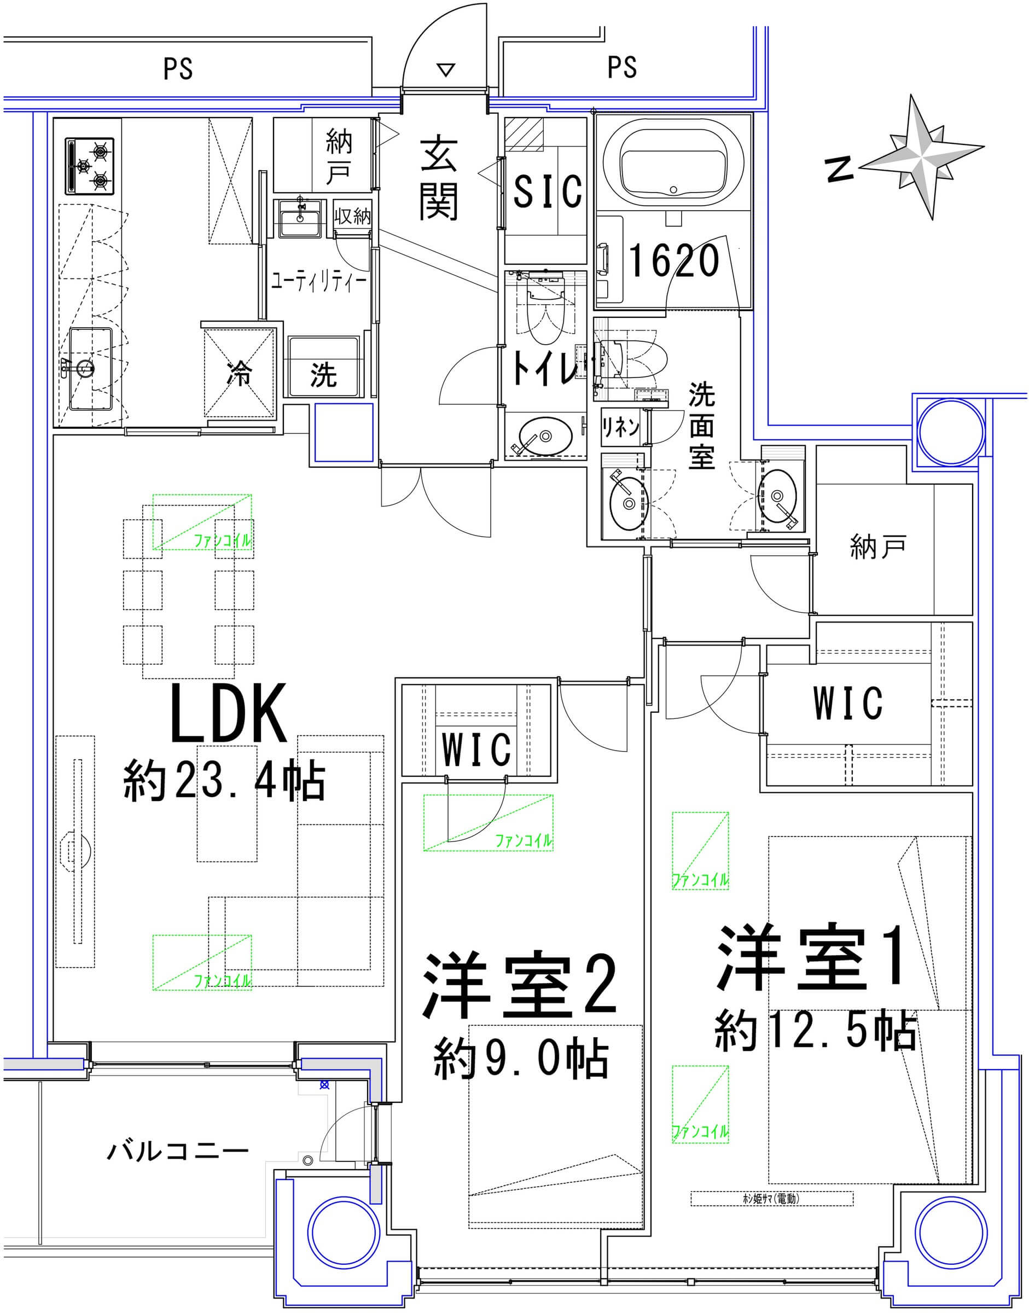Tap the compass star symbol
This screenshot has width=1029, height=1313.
921,156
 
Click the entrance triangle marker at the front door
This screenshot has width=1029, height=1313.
445,70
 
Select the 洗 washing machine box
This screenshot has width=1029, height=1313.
323,374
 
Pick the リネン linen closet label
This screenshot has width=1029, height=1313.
620,427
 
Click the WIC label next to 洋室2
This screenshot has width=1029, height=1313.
476,749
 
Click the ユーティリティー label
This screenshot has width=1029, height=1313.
318,281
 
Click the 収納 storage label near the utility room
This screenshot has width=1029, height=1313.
352,216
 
